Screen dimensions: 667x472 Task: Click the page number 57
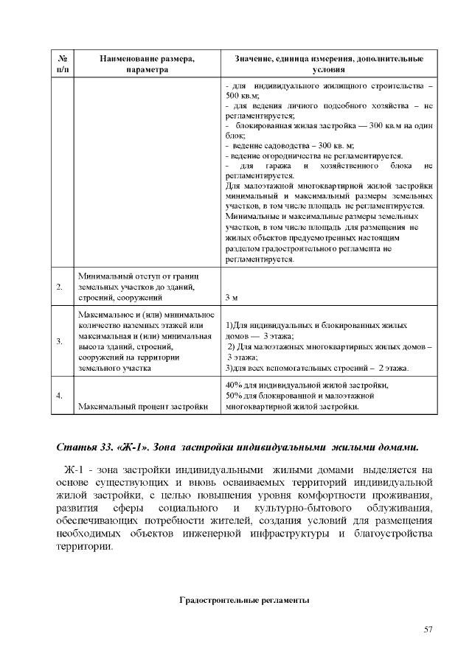[428, 629]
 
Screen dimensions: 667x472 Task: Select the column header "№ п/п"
[63, 63]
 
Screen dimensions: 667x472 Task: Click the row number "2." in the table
[59, 287]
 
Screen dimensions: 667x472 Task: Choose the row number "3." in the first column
[59, 341]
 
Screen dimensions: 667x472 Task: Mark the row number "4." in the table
[59, 396]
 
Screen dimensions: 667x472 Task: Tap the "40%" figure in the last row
[235, 385]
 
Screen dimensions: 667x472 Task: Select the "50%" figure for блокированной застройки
[235, 396]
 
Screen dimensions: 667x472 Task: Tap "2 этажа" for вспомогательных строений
[392, 367]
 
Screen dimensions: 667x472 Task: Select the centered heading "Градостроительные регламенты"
[244, 601]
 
